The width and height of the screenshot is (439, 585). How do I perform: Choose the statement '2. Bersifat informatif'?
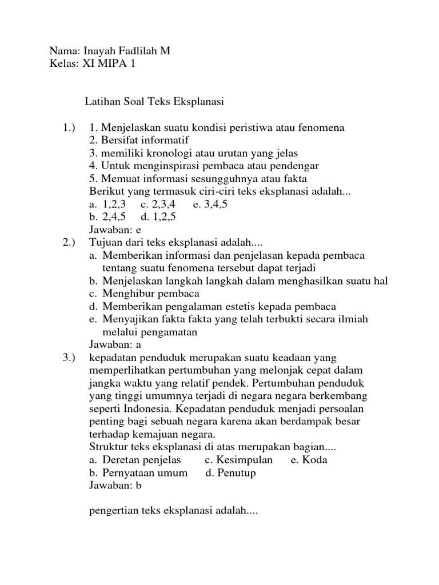[139, 140]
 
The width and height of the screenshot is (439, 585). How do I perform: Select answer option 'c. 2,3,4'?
[158, 204]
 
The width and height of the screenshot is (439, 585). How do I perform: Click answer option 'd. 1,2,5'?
[158, 217]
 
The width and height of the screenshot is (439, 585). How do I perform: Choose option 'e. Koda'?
[309, 460]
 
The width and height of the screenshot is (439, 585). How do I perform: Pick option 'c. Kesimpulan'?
[239, 460]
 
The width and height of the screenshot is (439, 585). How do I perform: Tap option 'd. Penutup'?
[230, 473]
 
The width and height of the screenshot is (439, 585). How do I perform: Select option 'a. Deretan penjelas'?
[135, 460]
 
